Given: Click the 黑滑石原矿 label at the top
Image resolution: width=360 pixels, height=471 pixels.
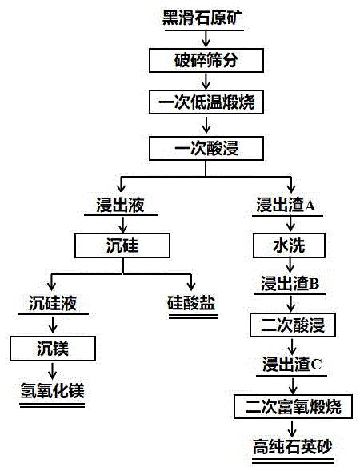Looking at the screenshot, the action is [202, 18].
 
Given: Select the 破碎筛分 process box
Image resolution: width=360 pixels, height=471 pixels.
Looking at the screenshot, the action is [206, 61].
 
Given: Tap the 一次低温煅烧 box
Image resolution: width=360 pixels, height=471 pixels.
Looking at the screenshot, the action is [206, 102].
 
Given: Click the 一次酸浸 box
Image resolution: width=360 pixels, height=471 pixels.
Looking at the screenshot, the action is [206, 148].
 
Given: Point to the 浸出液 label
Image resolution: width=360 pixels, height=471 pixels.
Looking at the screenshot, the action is [120, 205].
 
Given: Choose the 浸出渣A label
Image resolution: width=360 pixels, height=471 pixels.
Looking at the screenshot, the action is [286, 205].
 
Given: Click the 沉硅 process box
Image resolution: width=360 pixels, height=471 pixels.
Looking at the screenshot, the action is [122, 245].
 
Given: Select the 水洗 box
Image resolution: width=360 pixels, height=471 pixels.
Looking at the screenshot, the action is [289, 245].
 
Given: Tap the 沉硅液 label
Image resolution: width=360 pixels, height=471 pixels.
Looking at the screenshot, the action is [53, 303].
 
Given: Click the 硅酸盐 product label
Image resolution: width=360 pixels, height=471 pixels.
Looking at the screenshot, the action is [191, 303].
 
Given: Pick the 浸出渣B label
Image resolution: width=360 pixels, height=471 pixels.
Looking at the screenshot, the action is [290, 284].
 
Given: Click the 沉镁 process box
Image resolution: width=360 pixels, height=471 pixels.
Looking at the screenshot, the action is [53, 349].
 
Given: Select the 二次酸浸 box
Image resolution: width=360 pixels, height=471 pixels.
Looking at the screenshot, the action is [293, 325].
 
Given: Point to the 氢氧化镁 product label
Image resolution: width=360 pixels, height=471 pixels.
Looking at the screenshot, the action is [53, 391].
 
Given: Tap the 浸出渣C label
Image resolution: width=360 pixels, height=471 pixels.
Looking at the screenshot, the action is [292, 364].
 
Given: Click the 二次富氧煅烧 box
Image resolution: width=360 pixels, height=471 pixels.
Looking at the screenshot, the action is [293, 406].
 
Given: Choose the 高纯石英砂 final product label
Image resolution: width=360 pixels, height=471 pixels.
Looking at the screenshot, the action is [293, 447].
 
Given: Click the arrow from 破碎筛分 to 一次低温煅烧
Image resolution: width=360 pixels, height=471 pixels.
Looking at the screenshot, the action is [206, 81].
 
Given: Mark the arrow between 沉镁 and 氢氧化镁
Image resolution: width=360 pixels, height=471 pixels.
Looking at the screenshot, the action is [53, 371].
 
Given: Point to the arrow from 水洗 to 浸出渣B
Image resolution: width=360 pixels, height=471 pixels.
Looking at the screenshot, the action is [290, 265].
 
